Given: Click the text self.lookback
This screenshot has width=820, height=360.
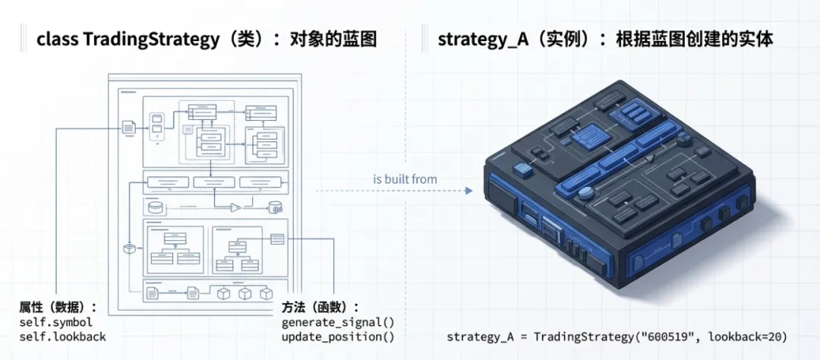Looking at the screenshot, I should click(63, 336).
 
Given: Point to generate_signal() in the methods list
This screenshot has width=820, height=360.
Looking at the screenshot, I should click(333, 323).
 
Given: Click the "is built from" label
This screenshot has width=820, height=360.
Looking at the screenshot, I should click(405, 179).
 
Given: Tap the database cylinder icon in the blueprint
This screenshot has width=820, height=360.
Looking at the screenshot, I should click(156, 207).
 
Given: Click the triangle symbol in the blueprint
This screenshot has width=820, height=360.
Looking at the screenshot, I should click(235, 207).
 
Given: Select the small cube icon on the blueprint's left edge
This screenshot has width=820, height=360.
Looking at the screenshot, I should click(130, 248).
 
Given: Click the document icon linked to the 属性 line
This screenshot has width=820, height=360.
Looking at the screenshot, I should click(129, 128).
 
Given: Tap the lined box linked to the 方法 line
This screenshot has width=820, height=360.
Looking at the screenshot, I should click(277, 238).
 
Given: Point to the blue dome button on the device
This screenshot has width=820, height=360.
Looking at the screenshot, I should click(585, 194).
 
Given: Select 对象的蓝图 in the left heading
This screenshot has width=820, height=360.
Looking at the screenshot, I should click(333, 39).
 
